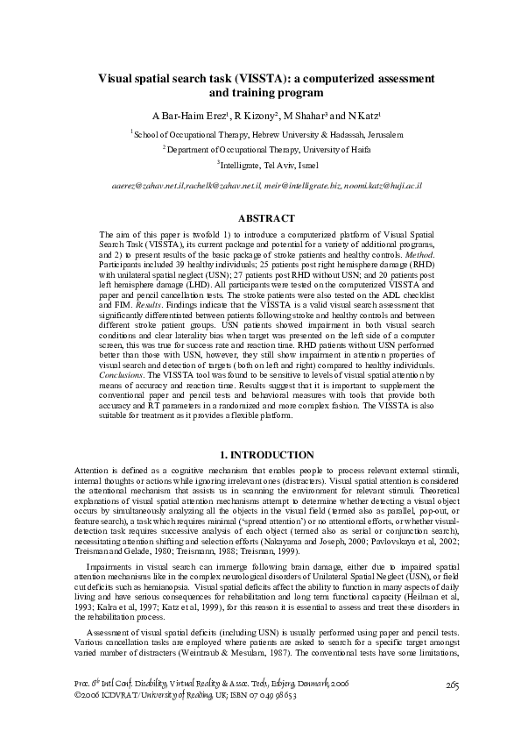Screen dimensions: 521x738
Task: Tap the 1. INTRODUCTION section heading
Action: point(260,456)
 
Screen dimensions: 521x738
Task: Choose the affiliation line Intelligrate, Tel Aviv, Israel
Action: point(260,165)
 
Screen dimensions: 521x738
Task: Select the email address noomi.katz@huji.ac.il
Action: point(384,188)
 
